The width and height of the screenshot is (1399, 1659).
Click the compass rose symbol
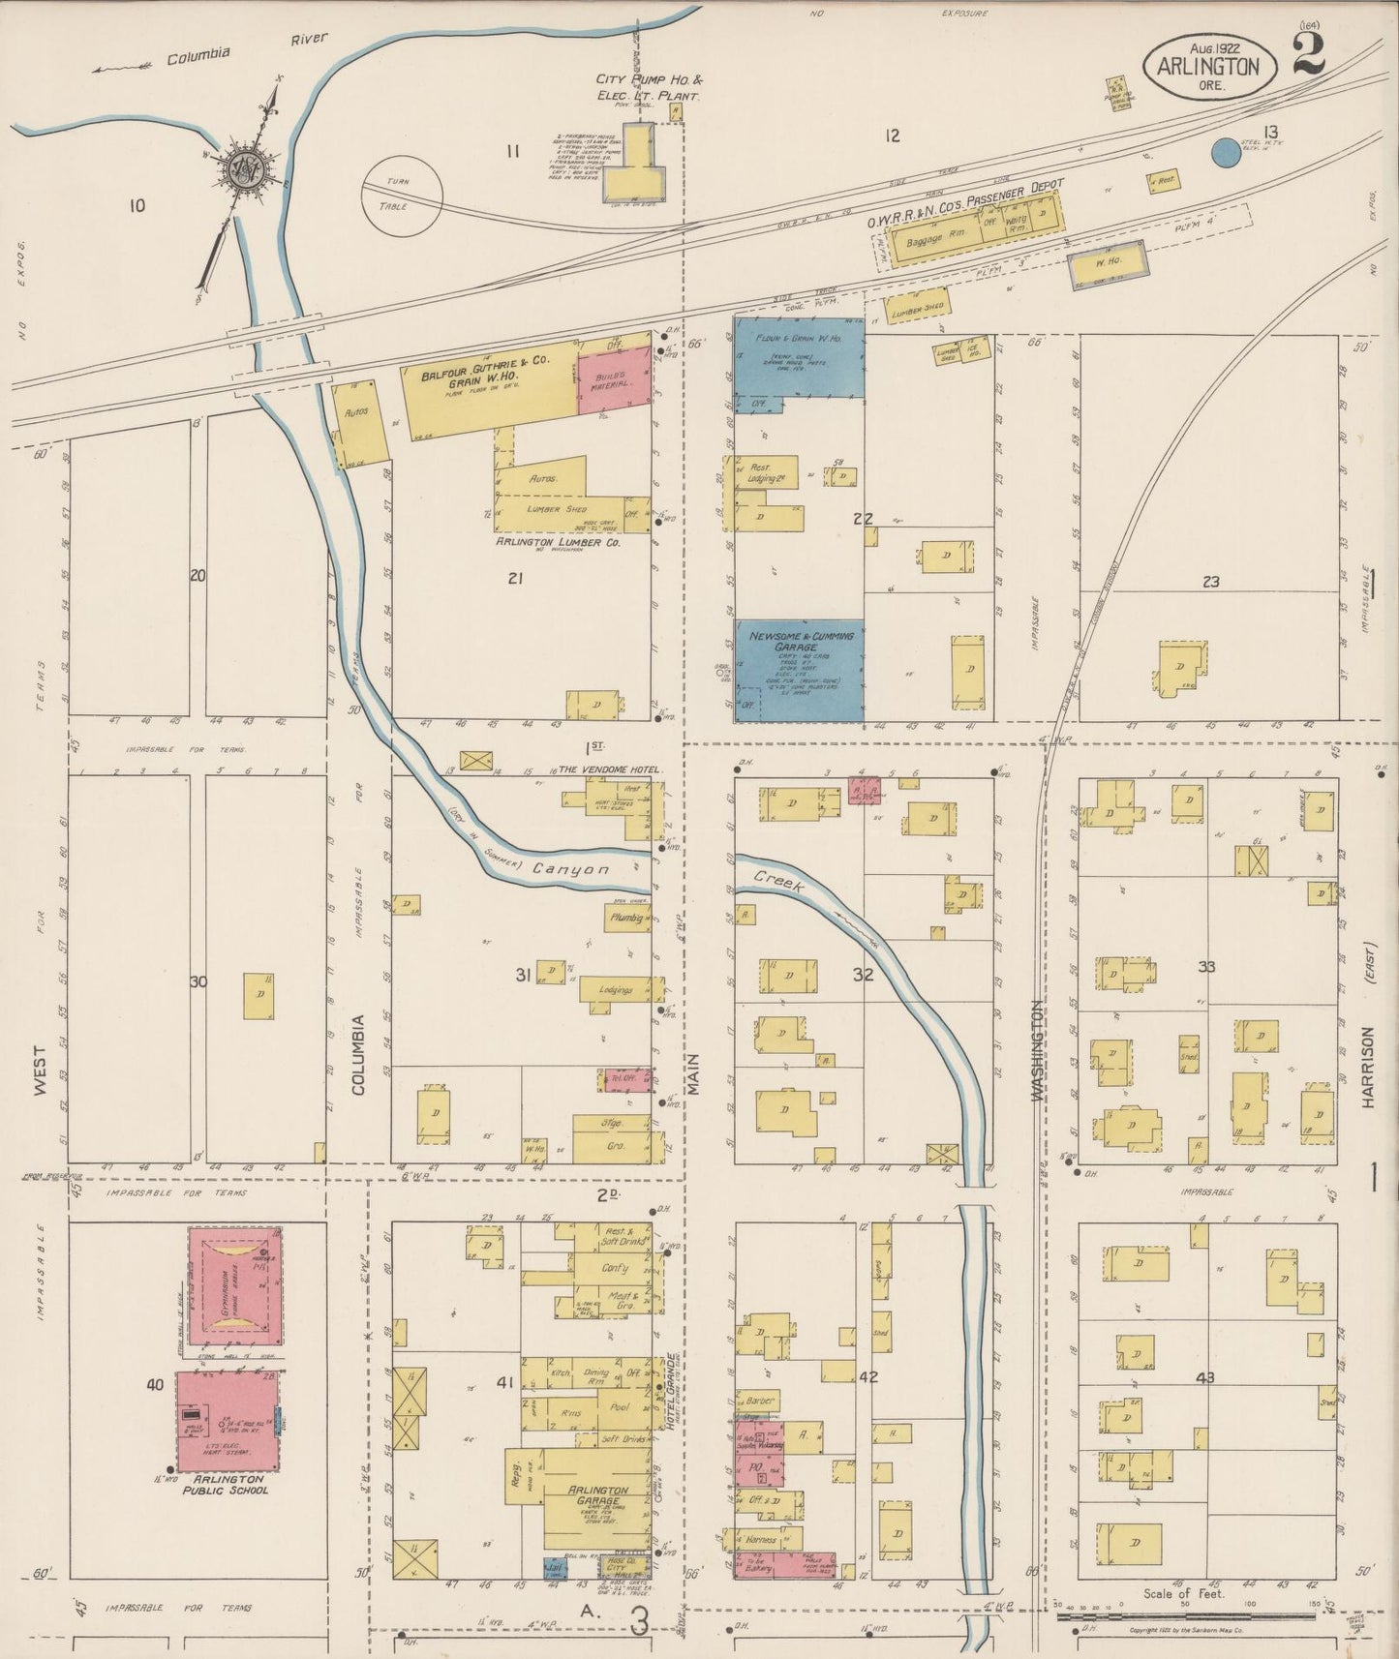click(241, 170)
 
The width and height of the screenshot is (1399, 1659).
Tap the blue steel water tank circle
click(1225, 151)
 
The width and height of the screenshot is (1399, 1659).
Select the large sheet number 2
click(1307, 52)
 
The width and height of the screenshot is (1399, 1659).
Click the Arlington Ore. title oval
click(1210, 66)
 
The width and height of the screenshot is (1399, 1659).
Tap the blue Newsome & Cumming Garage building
click(800, 670)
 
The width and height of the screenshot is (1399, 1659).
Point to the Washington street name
click(1037, 1050)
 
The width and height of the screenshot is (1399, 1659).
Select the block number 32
click(863, 975)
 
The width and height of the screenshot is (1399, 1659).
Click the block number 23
click(1210, 582)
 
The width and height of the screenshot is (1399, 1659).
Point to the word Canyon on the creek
click(570, 869)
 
